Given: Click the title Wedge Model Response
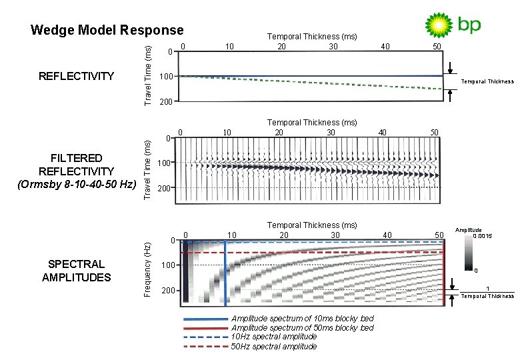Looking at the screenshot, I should (107, 30).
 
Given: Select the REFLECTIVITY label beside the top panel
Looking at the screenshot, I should (77, 76).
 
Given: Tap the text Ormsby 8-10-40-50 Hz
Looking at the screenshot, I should (77, 183).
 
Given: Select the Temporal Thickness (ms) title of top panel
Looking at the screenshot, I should (312, 36).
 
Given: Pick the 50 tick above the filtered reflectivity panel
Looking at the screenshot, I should (434, 132).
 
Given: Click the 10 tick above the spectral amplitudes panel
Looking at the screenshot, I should (232, 235).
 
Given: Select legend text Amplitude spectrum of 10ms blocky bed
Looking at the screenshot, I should (302, 319).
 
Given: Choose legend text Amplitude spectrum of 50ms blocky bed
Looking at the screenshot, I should (302, 327).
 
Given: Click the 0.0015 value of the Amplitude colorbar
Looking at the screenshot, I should (483, 236).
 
